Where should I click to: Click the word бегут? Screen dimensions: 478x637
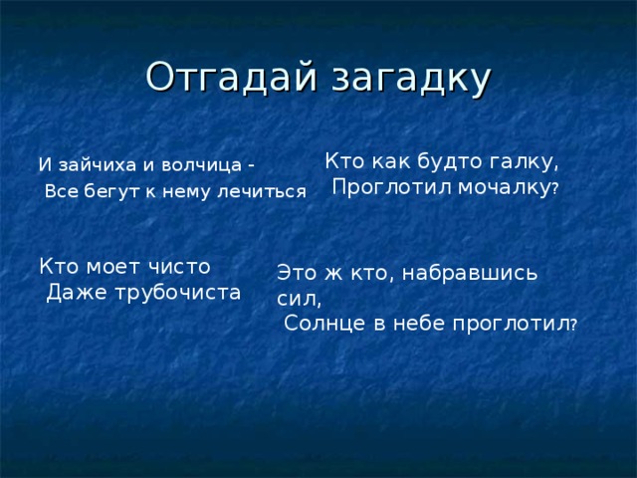coord(106,192)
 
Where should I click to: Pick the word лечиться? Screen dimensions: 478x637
coord(262,192)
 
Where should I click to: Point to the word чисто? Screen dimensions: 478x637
coord(178,266)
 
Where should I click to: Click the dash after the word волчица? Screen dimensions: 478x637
coord(250,165)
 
